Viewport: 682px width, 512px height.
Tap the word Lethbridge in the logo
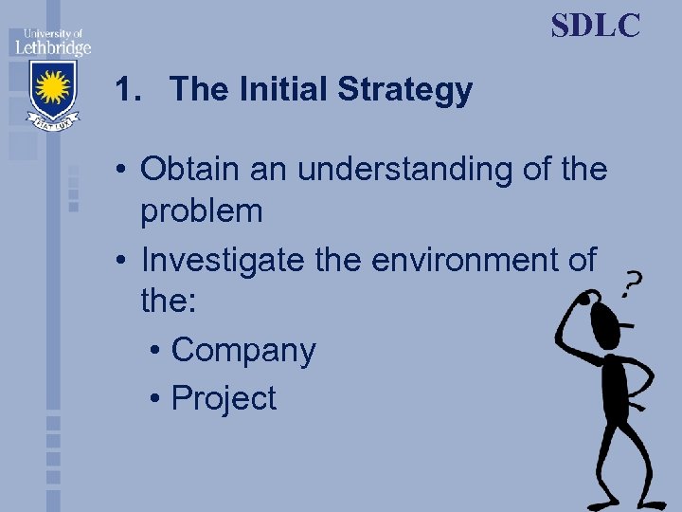click(x=52, y=47)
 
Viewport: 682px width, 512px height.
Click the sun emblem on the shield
click(x=52, y=88)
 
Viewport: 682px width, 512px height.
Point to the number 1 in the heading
click(x=123, y=91)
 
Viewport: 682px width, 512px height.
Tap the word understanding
click(x=409, y=170)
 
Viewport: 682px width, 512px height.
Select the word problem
click(x=201, y=211)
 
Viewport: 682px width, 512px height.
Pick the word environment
click(x=458, y=258)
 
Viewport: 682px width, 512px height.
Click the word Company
click(x=242, y=350)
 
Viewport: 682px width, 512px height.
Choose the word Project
click(x=224, y=398)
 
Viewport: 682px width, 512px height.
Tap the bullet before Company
click(x=155, y=351)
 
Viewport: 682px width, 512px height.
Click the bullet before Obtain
click(x=124, y=171)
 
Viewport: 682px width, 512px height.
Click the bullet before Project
click(x=155, y=399)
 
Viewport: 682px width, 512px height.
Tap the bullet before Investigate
click(x=124, y=259)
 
